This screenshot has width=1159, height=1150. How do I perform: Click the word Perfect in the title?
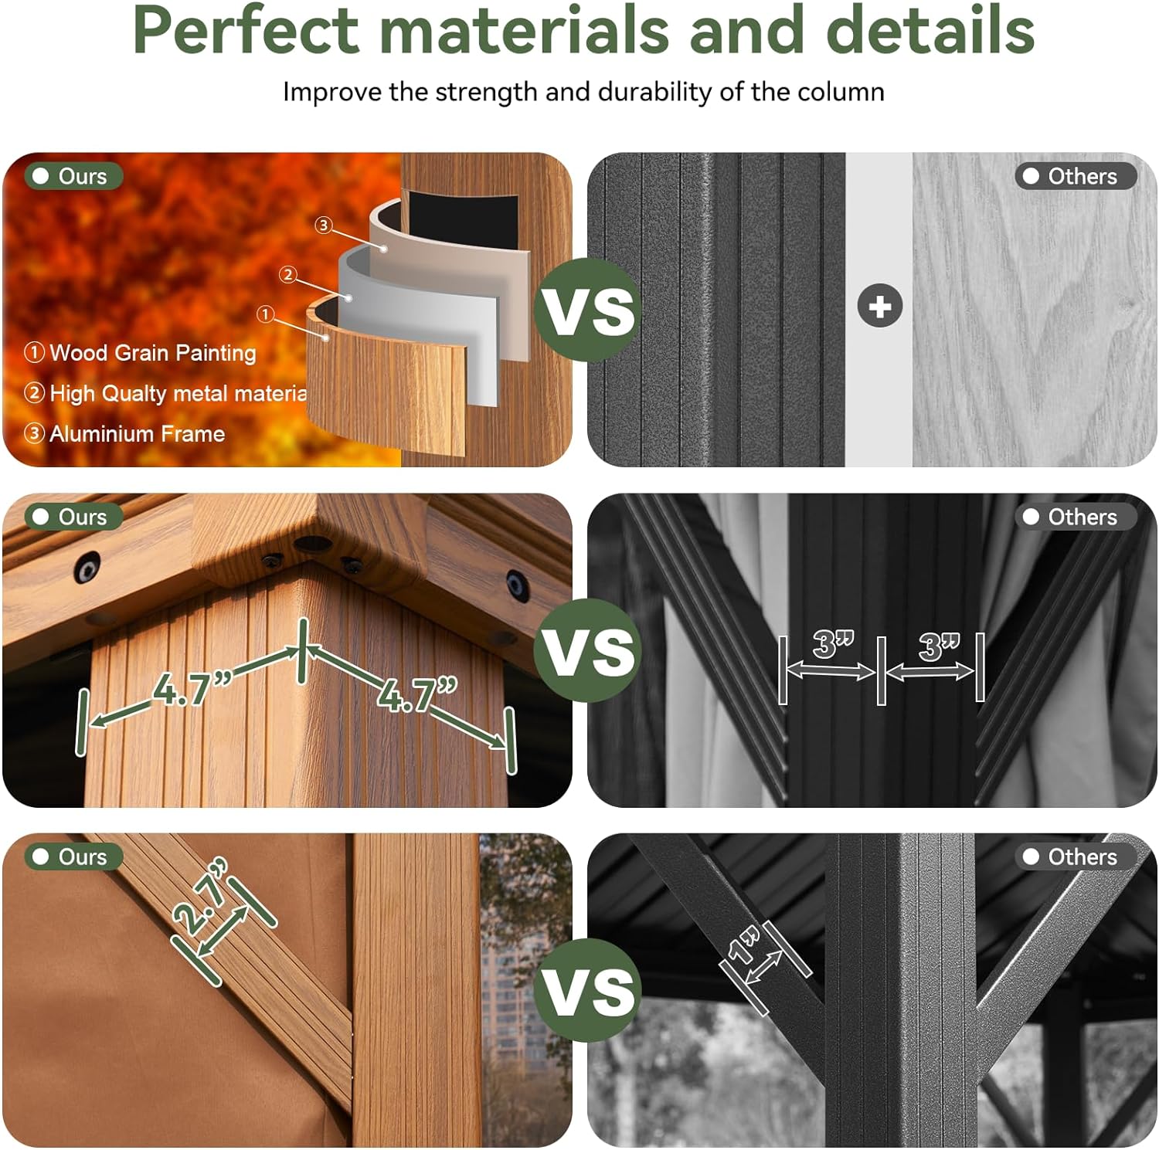pos(246,31)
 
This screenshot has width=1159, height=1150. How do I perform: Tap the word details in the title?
pos(930,31)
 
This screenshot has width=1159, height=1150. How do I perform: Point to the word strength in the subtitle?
pos(485,92)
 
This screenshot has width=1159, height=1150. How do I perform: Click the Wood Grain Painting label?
pos(152,353)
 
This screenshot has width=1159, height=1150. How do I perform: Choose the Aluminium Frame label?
pos(137,434)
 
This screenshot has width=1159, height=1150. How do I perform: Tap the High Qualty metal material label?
pos(178,394)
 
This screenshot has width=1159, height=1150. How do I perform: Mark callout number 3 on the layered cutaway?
pos(324,225)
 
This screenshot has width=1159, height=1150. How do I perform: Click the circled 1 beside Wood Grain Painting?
pos(34,353)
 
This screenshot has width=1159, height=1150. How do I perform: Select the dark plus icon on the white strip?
pos(879,306)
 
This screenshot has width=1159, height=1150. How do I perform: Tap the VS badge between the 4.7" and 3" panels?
pos(587,650)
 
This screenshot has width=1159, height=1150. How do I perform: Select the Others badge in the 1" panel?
pos(1074,857)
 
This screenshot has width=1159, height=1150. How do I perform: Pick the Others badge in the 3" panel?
pos(1074,517)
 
